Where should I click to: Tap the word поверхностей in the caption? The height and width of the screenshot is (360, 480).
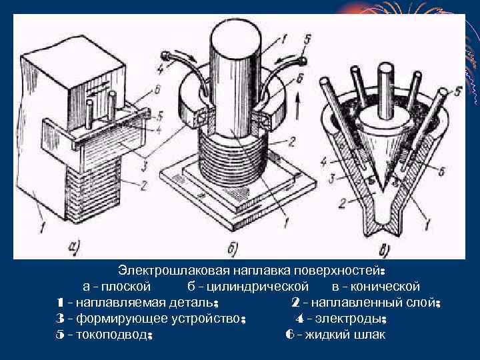(x=338, y=272)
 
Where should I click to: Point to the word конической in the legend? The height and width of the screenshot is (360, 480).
(x=387, y=287)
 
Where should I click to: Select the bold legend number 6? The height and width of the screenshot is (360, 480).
(x=289, y=334)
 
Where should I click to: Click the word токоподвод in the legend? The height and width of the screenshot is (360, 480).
(x=114, y=334)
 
